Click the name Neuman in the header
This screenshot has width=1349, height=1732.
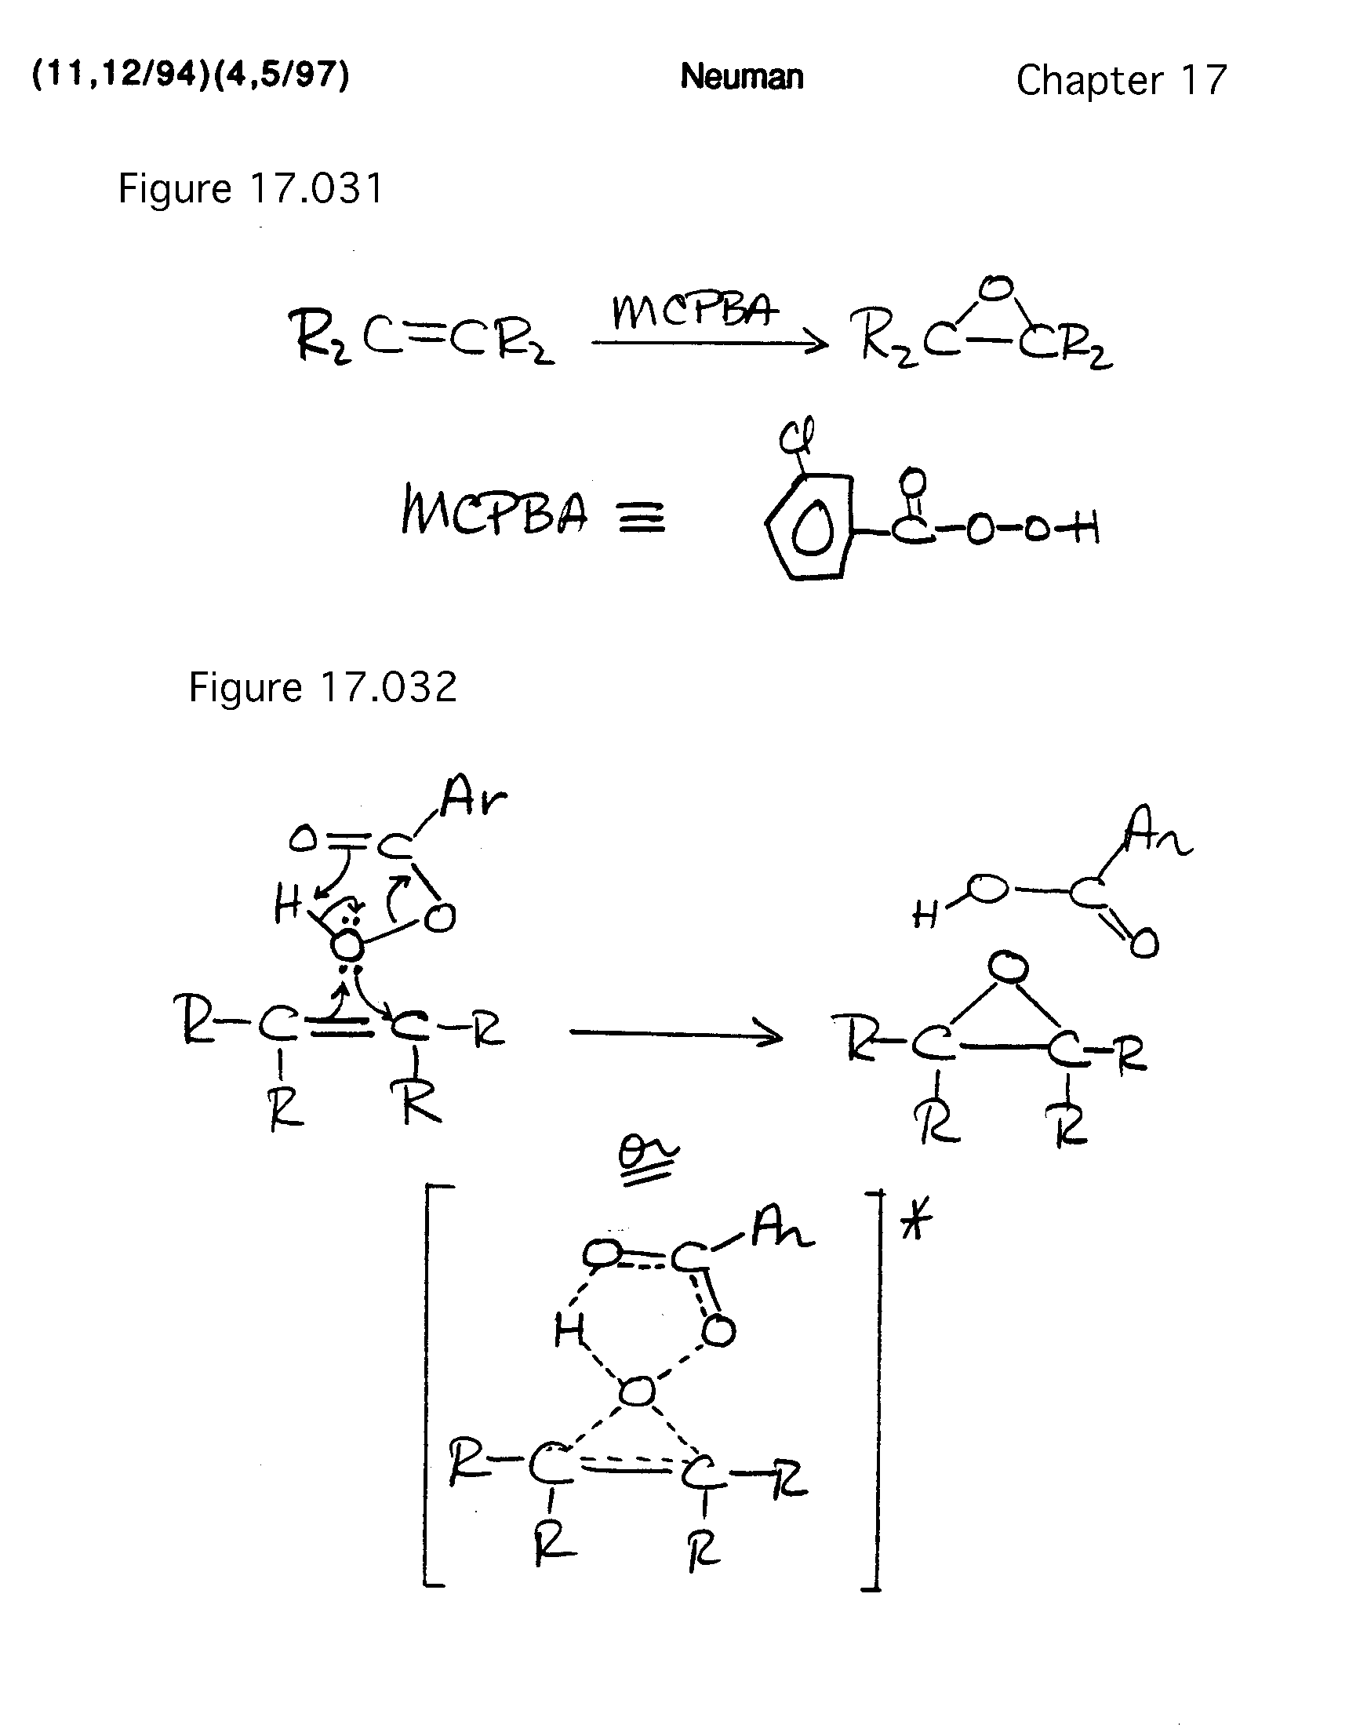tap(741, 78)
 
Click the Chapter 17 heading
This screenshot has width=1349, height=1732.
tap(1121, 80)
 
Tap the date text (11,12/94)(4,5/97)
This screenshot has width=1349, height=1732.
tap(191, 75)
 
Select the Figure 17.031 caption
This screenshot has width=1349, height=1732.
tap(251, 189)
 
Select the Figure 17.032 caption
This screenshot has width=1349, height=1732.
tap(322, 687)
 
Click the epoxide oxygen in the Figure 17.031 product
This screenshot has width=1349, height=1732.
tap(998, 289)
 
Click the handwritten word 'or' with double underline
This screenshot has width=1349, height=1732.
tap(648, 1159)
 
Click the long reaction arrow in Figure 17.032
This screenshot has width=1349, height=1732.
tap(676, 1034)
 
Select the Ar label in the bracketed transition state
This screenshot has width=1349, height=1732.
tap(780, 1232)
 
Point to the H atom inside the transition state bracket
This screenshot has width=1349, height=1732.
tap(569, 1330)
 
